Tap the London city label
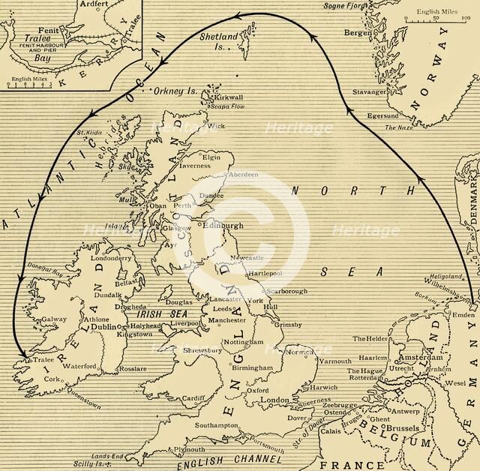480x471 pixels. pos(274,401)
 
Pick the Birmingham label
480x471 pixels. pos(252,368)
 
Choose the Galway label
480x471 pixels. pos(54,319)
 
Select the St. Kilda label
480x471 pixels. pos(90,134)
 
